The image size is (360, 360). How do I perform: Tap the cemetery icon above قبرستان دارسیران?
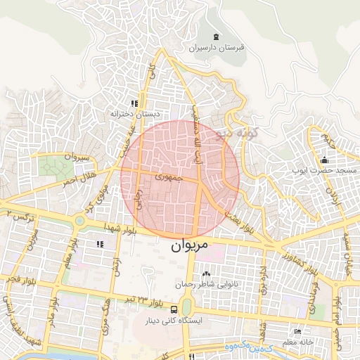point(215,37)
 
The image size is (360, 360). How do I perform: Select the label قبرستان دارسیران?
point(217,49)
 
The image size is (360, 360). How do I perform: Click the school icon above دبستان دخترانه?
point(134,103)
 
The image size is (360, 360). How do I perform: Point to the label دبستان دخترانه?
point(134,113)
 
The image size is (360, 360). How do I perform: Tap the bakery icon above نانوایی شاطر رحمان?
point(205,274)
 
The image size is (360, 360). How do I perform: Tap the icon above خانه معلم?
point(298,331)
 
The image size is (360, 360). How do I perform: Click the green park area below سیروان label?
point(51,167)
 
